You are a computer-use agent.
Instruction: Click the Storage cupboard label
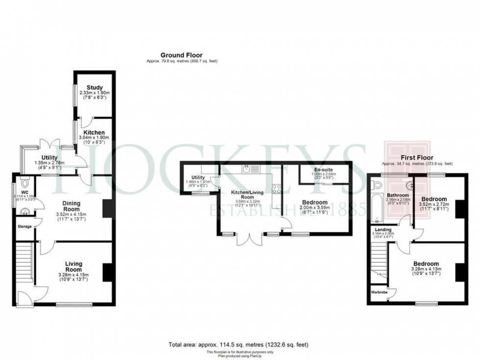pos(24,226)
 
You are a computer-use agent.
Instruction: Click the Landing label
pos(383,229)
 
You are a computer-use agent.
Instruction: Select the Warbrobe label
pos(379,292)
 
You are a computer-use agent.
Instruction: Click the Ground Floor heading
pos(181,55)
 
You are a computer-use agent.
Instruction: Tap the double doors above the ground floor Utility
pos(48,145)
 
